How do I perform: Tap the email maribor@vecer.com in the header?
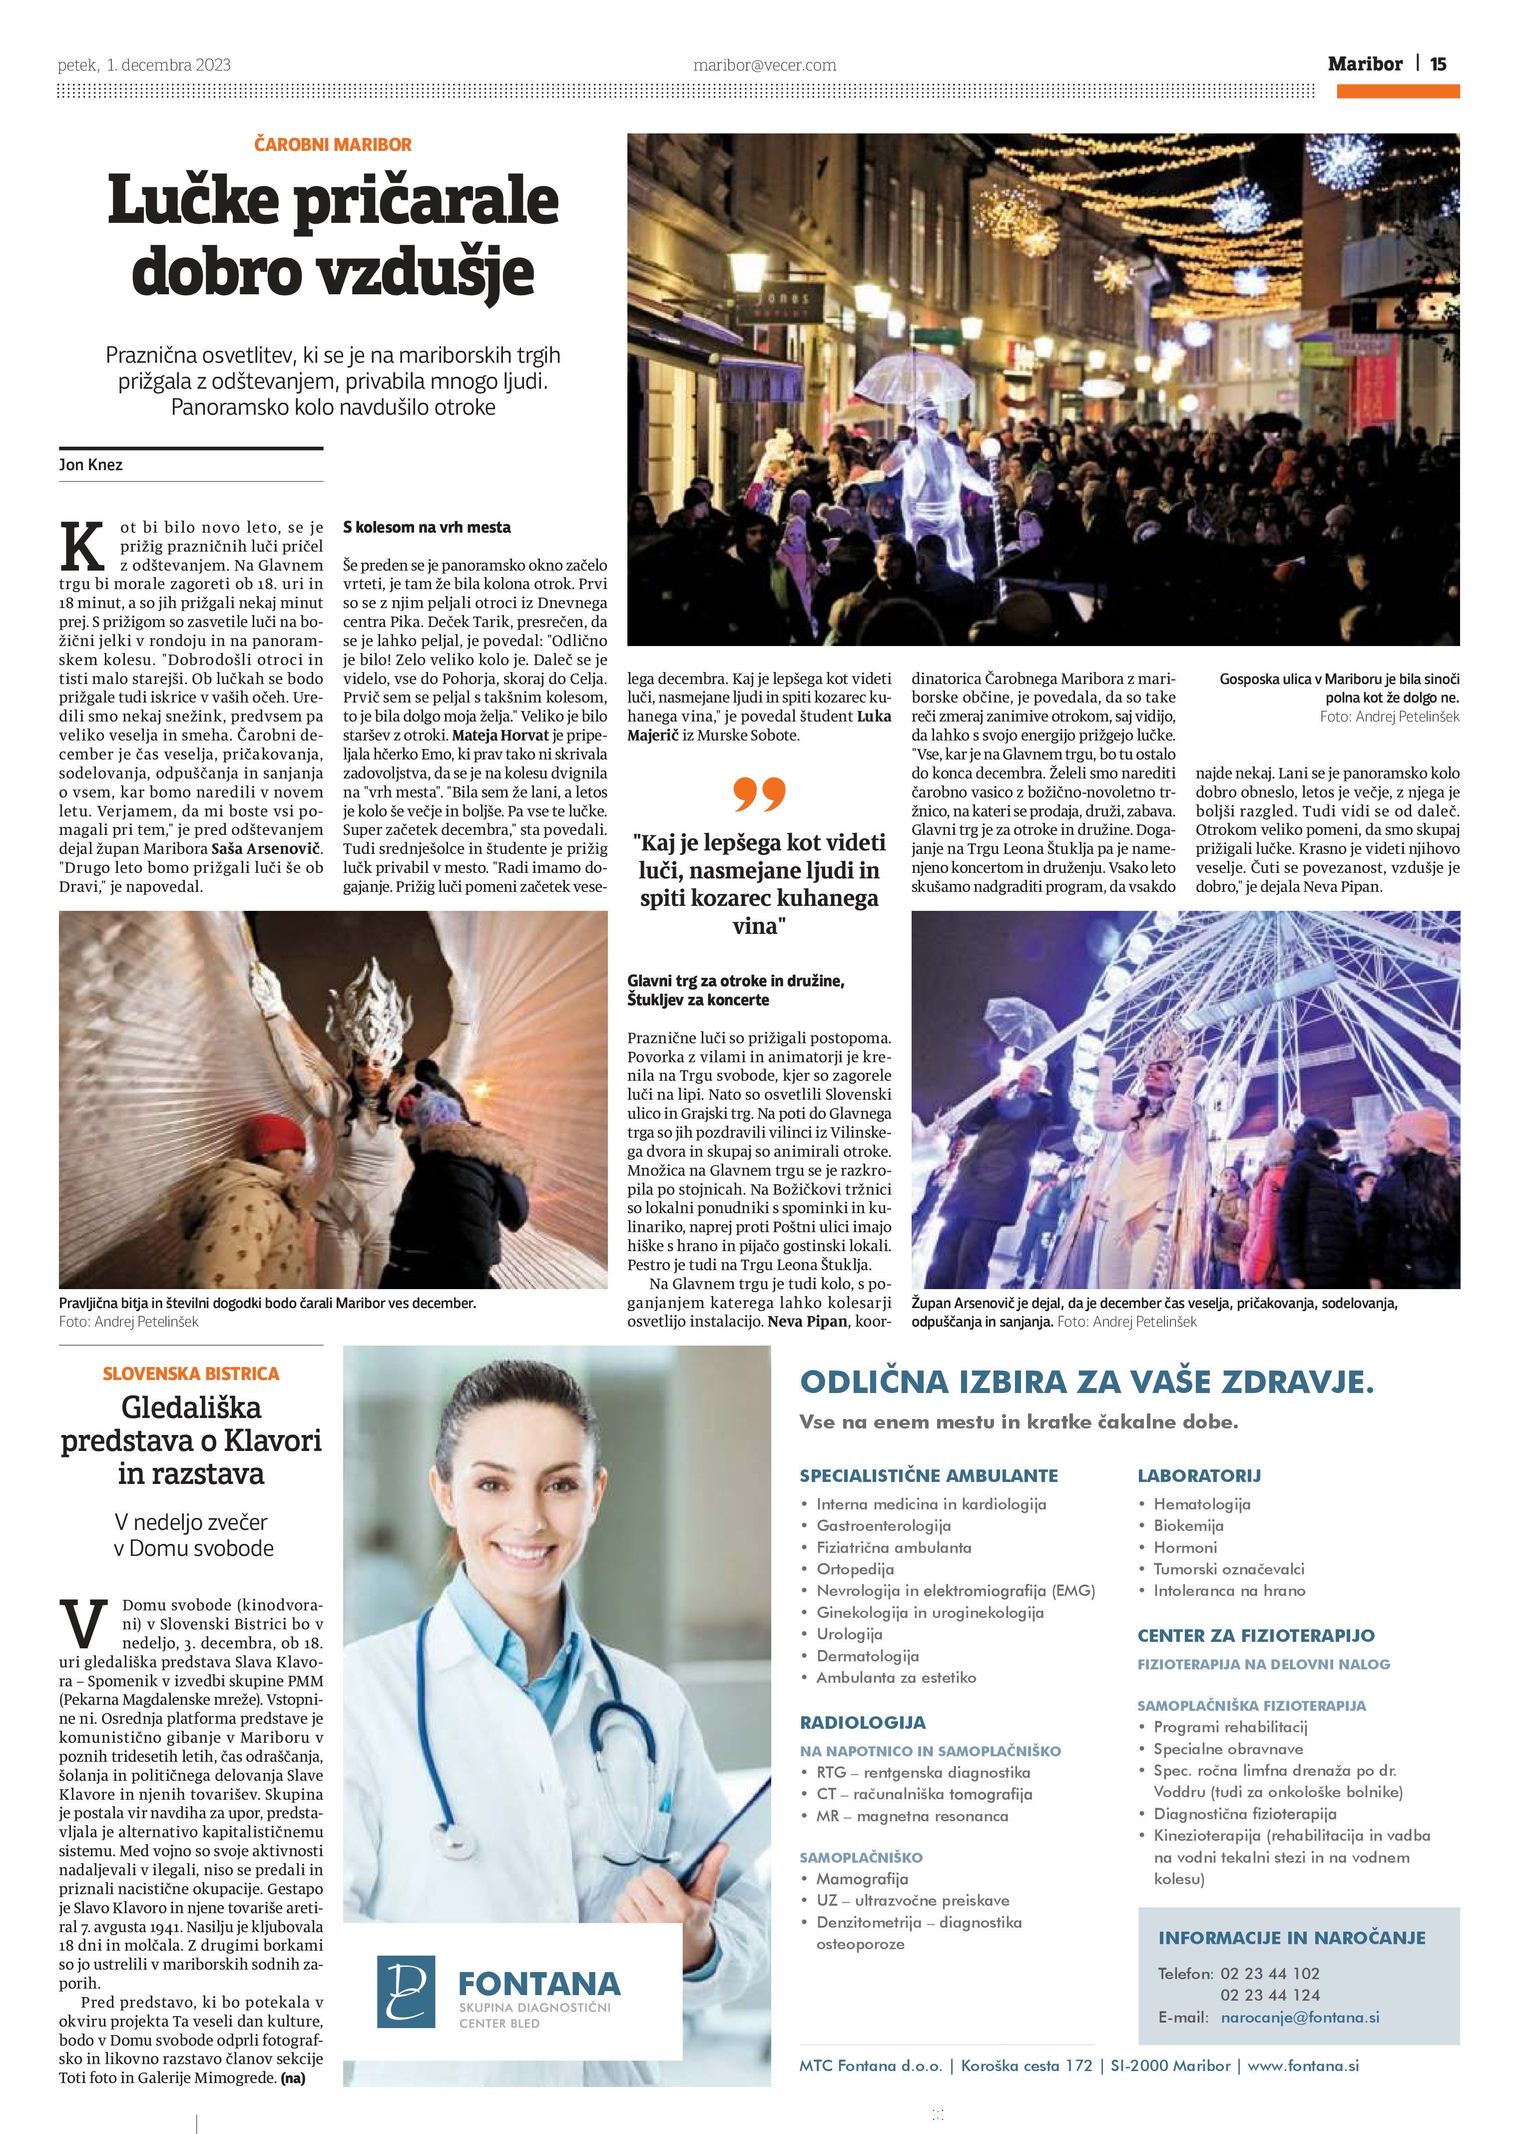764,65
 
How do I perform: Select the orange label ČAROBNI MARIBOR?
333,145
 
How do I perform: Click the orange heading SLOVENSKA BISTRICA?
191,1374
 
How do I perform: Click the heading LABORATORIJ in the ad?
1199,1475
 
